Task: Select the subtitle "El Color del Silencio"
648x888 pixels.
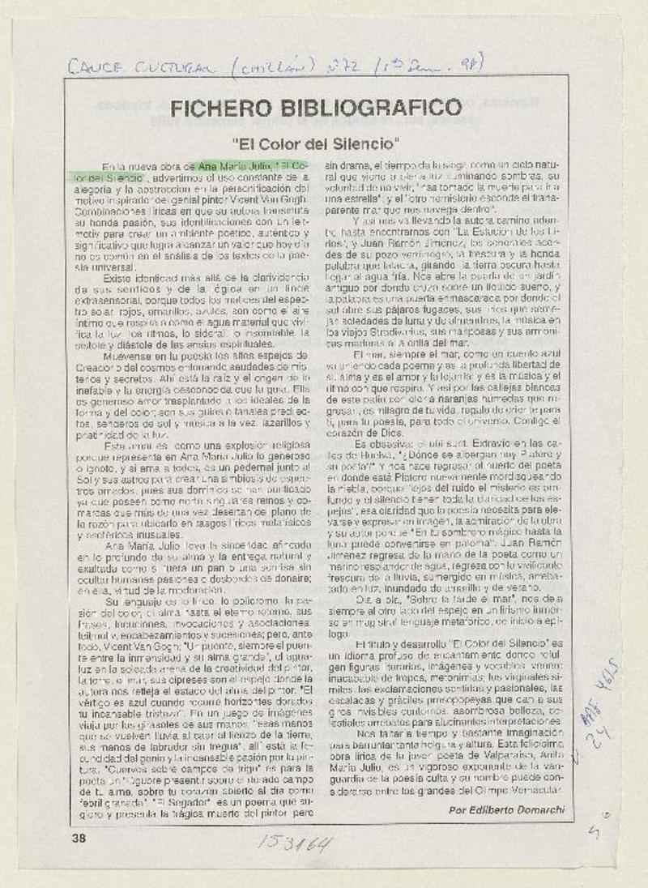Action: click(x=317, y=145)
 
